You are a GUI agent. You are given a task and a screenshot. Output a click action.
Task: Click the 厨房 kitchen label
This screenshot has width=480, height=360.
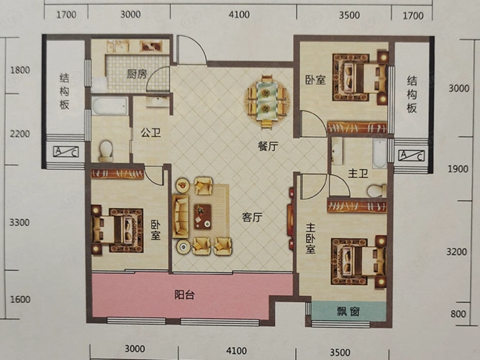(137, 73)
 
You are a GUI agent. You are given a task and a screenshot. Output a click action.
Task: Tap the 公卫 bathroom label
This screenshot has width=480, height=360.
(150, 133)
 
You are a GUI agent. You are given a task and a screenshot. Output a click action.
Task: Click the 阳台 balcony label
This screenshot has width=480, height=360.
(186, 295)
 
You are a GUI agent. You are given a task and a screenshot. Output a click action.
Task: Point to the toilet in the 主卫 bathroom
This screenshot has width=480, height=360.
(373, 190)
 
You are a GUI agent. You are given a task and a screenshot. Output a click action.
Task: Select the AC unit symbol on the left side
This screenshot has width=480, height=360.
(66, 152)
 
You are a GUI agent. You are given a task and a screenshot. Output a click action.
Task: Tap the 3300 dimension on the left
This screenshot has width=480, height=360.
(20, 222)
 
